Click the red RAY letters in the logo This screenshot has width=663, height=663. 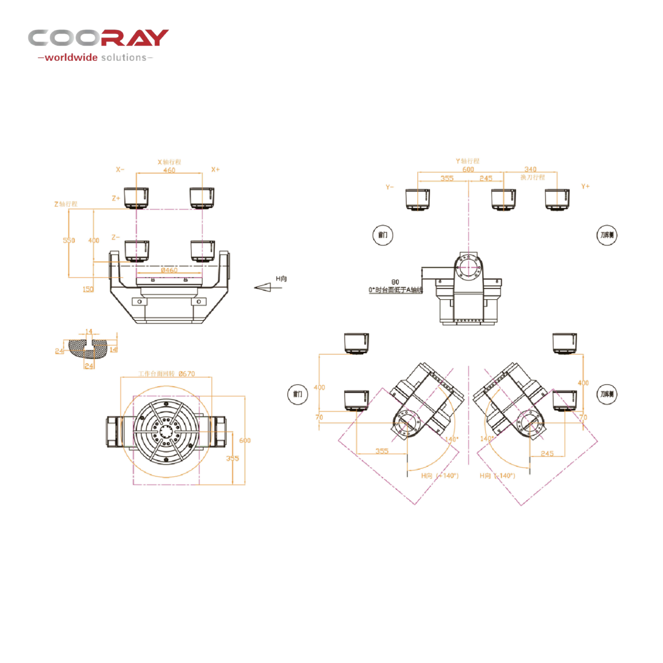135,38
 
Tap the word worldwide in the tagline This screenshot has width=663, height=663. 71,58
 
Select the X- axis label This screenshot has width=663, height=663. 120,170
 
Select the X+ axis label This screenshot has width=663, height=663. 215,170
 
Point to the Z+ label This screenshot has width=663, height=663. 116,198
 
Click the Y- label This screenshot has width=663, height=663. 390,187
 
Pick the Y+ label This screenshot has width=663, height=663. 585,186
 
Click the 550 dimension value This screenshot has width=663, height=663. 69,240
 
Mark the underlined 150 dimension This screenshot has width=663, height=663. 88,289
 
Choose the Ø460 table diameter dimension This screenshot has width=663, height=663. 169,270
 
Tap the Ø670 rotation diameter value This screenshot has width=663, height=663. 187,374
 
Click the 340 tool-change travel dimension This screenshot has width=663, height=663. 530,169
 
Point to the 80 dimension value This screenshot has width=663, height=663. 395,282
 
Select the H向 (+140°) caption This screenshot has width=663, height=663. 440,475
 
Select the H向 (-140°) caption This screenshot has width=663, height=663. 497,475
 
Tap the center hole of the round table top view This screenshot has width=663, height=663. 166,432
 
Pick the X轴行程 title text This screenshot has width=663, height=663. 169,162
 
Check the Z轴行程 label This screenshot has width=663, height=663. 66,204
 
